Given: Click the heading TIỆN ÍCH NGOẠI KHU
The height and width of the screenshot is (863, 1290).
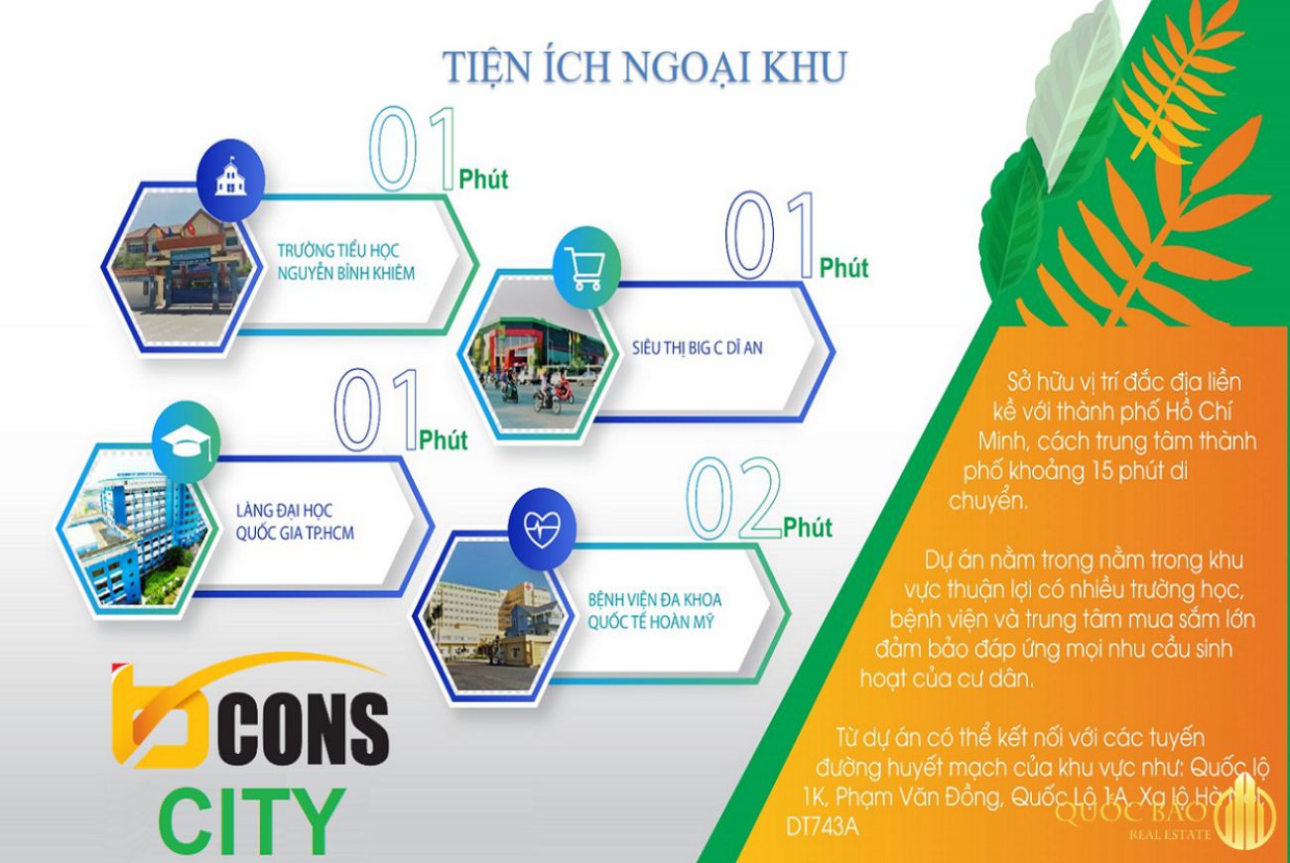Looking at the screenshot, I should (x=644, y=66).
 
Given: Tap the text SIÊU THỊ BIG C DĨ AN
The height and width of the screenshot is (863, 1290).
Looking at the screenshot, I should (x=698, y=350).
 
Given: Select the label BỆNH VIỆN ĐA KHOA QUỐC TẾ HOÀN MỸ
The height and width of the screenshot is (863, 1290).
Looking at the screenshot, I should (x=654, y=612).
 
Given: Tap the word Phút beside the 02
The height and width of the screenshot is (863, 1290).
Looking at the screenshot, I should (x=808, y=528).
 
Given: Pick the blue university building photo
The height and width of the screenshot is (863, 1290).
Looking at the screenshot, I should (x=134, y=525).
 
